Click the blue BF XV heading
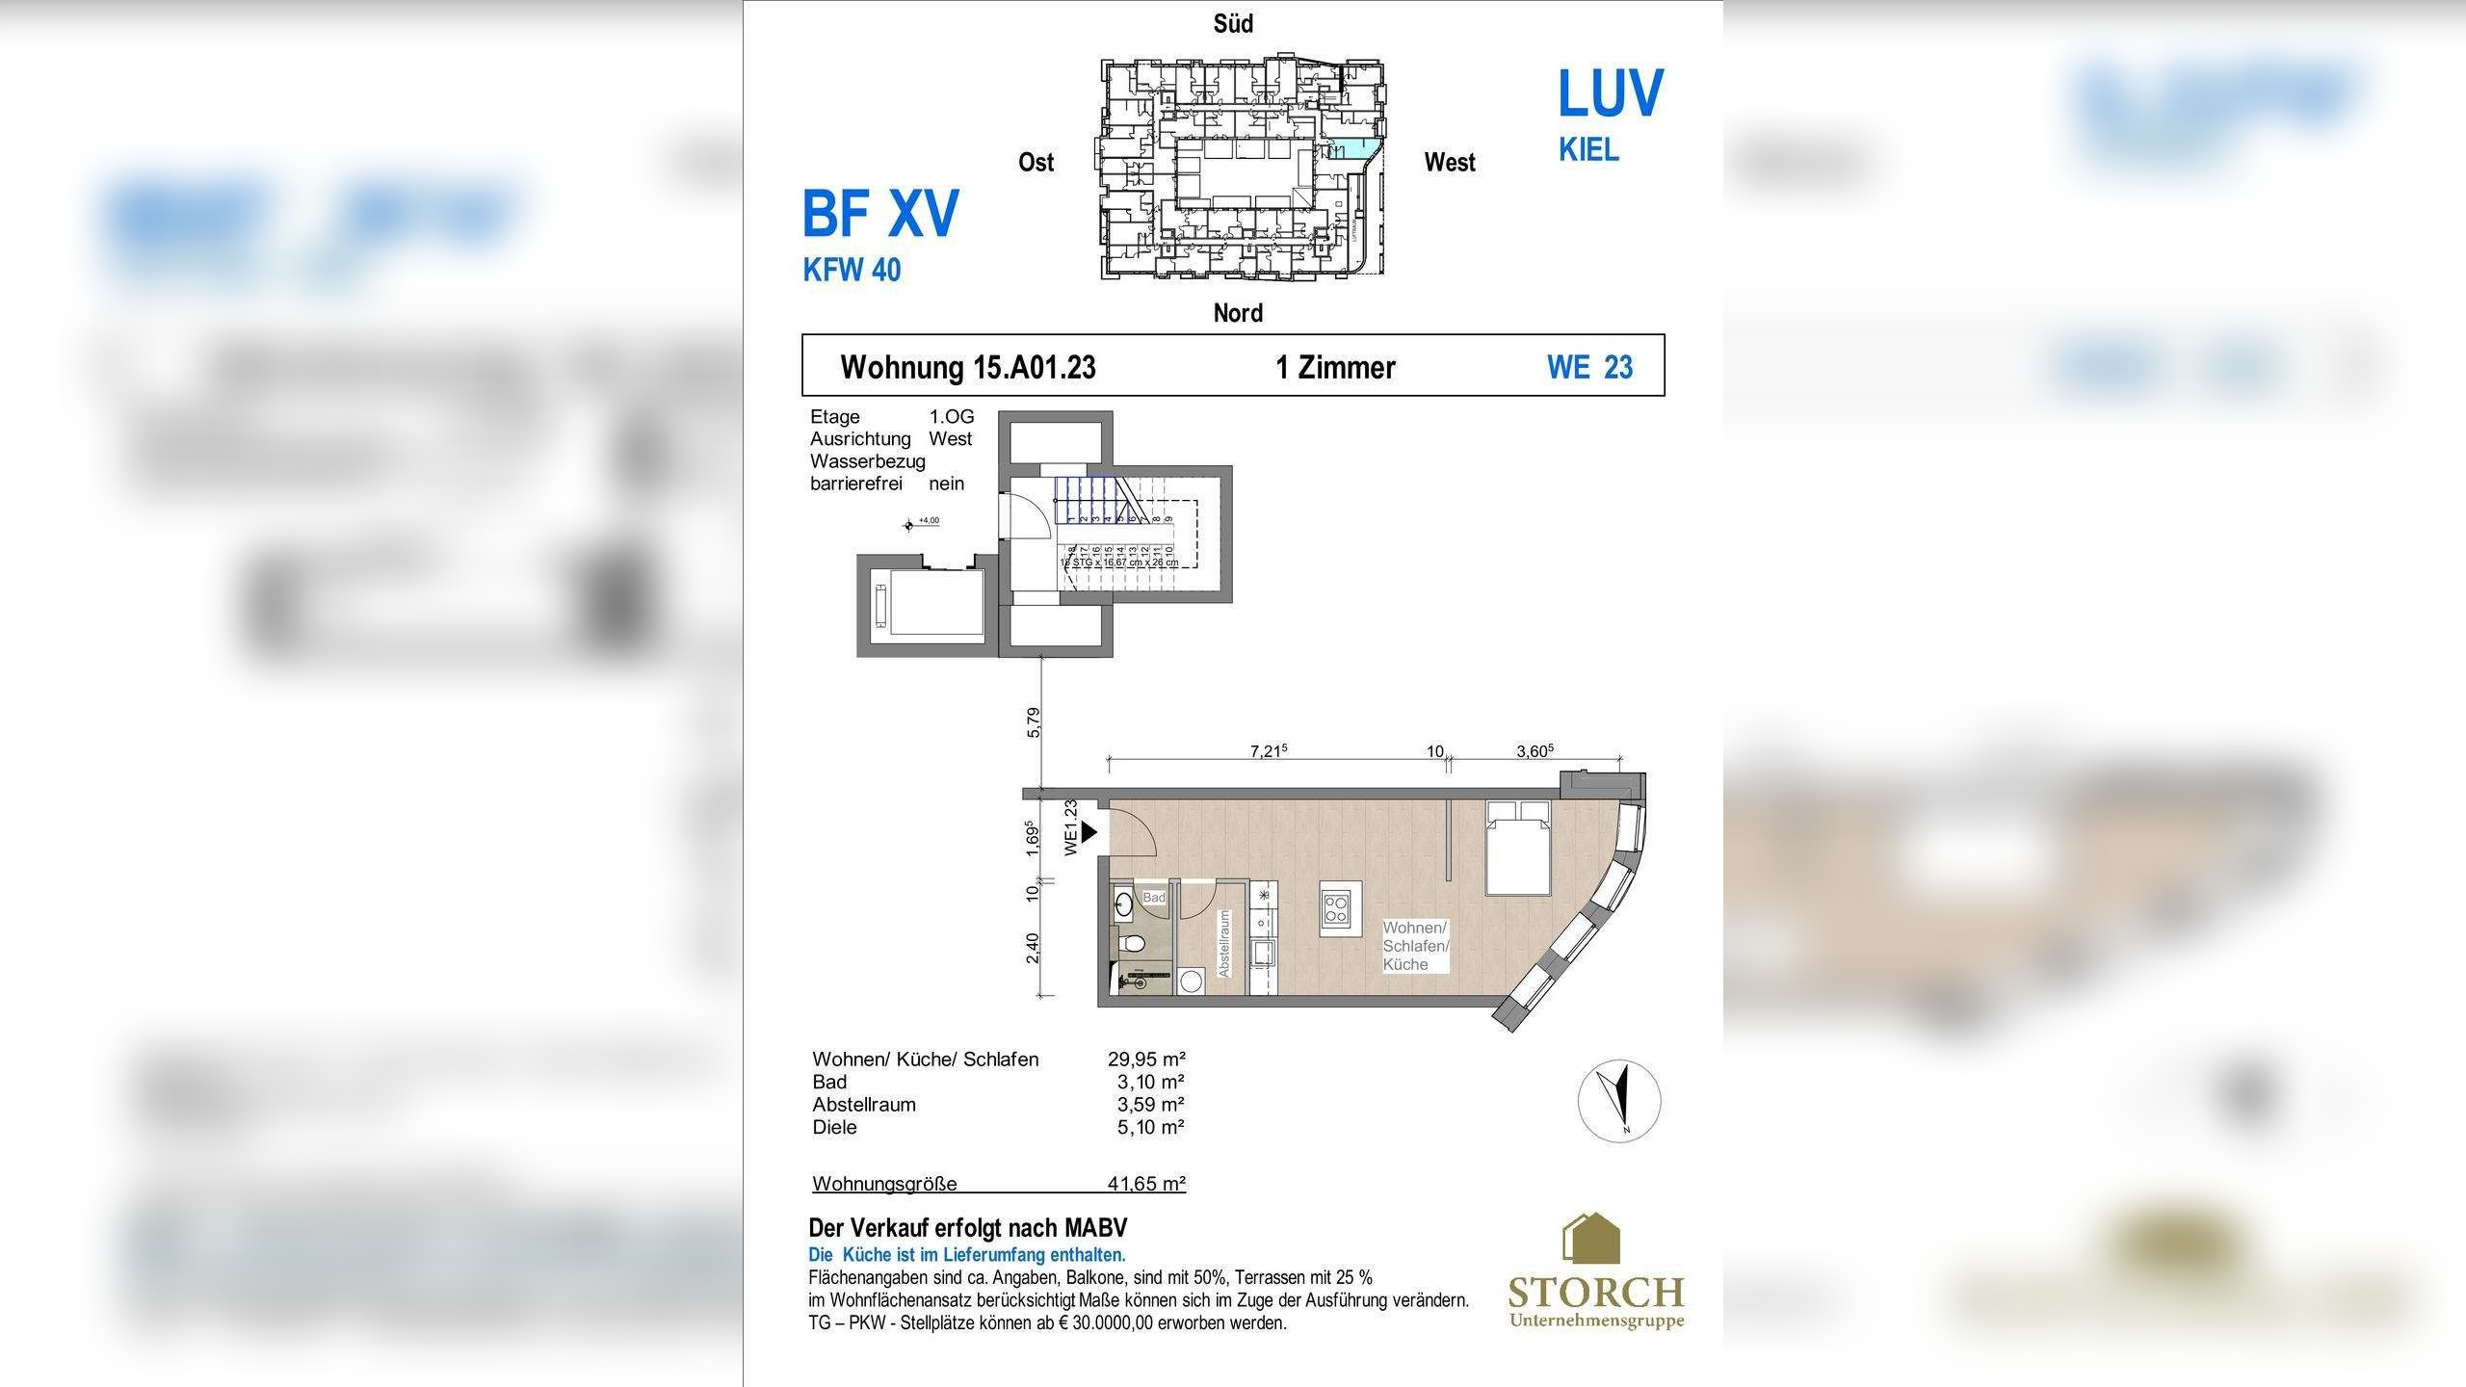coord(880,214)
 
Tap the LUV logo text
coord(1610,94)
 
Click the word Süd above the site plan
coord(1233,24)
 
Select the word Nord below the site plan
coord(1238,313)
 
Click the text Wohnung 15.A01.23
coord(967,367)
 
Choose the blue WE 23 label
coord(1589,367)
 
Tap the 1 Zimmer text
coord(1335,367)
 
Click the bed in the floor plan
coord(1517,848)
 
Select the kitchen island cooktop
coord(1336,908)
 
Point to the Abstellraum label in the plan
coord(1224,944)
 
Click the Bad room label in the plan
coord(1153,898)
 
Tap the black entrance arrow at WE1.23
coord(1089,831)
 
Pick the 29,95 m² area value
coord(1146,1059)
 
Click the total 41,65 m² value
coord(1146,1184)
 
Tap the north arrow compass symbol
coord(1619,1101)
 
